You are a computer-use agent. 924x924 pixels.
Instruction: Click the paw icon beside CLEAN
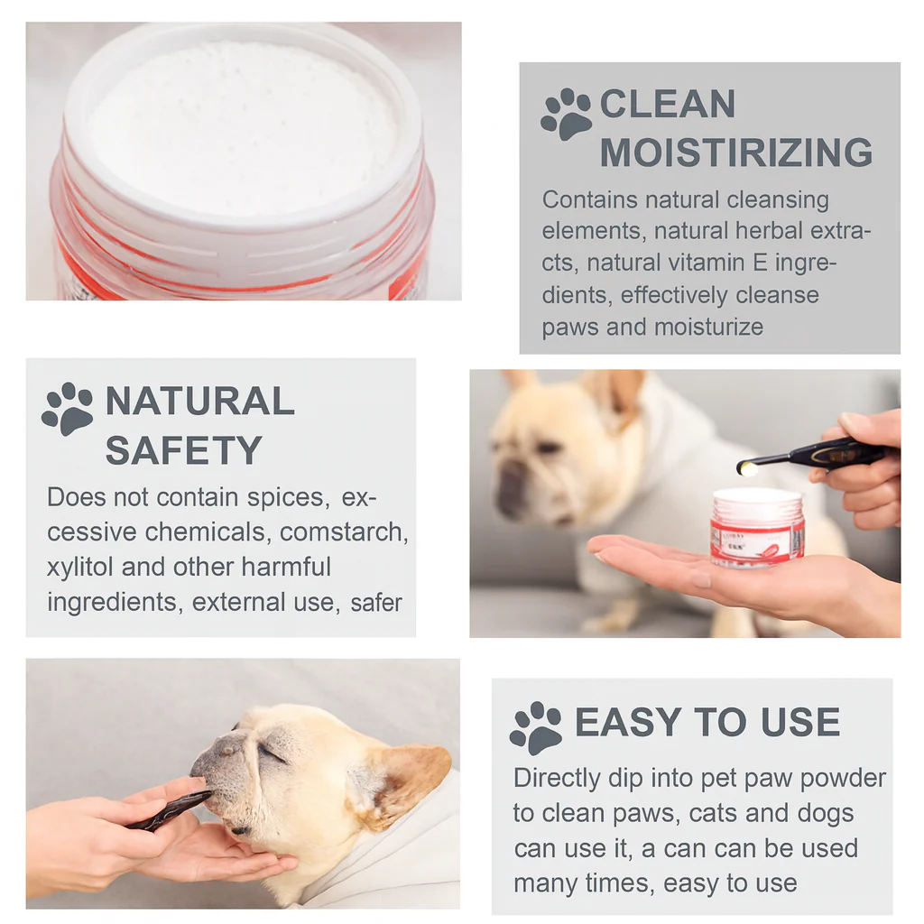coord(566,115)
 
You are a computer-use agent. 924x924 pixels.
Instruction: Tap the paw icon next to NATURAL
coord(67,409)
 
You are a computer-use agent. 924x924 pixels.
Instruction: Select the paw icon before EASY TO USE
coord(536,728)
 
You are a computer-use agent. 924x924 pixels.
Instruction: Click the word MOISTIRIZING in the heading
coord(736,152)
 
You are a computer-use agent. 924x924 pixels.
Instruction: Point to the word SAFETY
coord(184,451)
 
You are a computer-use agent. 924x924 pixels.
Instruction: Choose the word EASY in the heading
coord(628,722)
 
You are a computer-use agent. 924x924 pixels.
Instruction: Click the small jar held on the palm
coord(757,527)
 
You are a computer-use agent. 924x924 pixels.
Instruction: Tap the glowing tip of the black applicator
coord(748,469)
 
